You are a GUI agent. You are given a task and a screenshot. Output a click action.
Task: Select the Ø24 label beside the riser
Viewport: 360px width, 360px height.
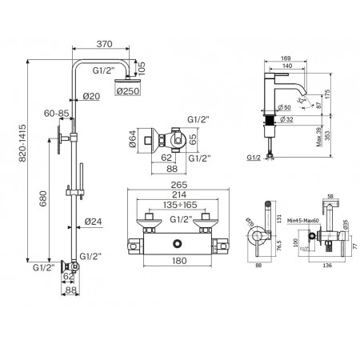point(94,222)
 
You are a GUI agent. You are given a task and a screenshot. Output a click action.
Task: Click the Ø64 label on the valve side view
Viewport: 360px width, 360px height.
point(132,143)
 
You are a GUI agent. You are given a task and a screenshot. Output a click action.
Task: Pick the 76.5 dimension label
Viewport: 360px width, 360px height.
point(278,247)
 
